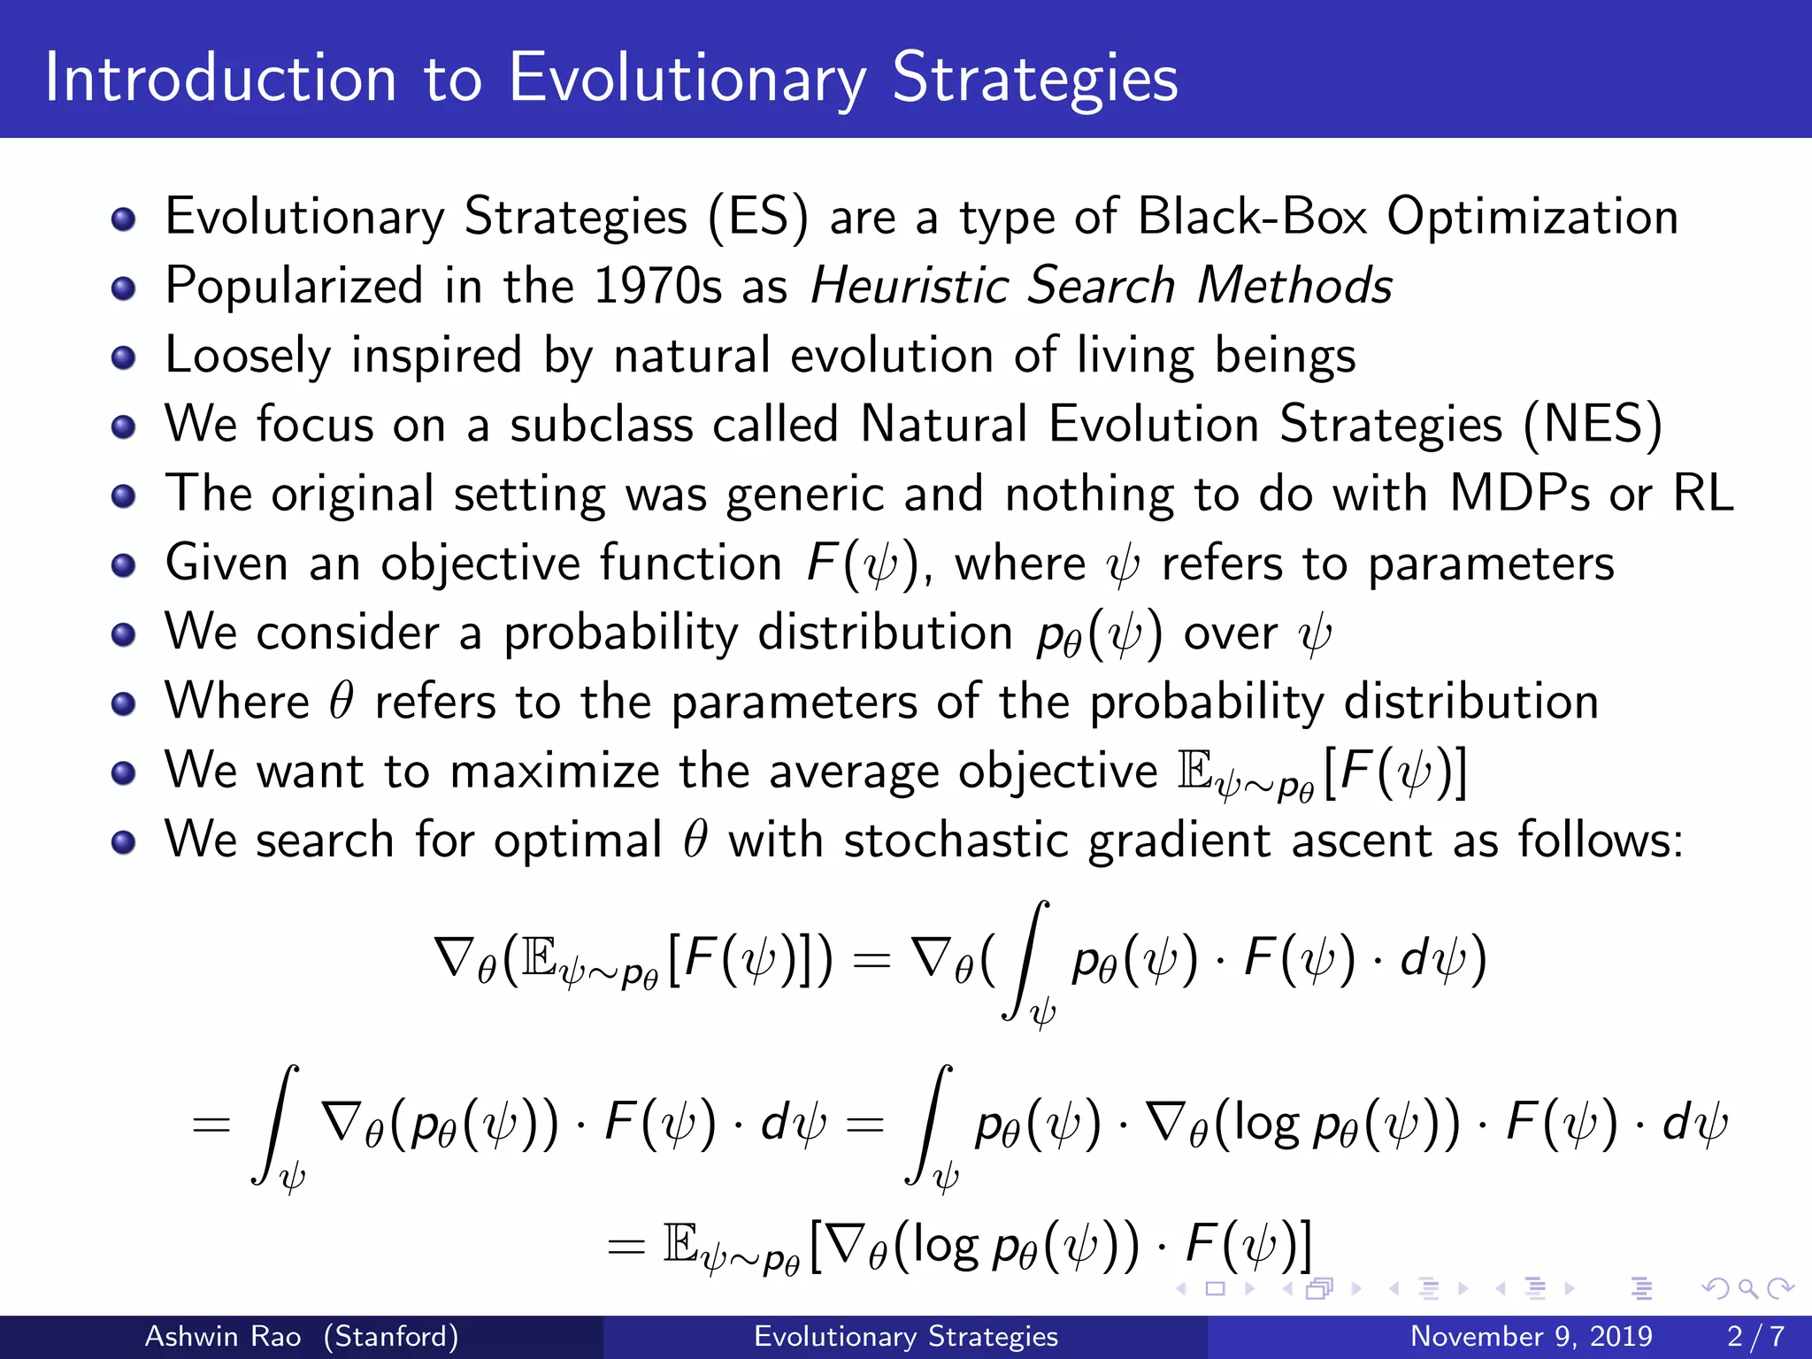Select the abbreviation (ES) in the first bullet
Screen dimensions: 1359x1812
pyautogui.click(x=757, y=217)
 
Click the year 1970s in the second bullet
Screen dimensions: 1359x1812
pyautogui.click(x=657, y=286)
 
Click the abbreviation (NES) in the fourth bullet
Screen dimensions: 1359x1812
pyautogui.click(x=1593, y=424)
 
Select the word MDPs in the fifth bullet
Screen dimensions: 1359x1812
pyautogui.click(x=1519, y=493)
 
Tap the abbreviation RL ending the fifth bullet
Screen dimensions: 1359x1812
pyautogui.click(x=1702, y=493)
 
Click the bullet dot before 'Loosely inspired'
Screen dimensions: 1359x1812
pyautogui.click(x=124, y=357)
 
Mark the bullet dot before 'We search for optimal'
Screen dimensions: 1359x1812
pyautogui.click(x=124, y=841)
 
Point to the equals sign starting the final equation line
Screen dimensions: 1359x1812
pyautogui.click(x=626, y=1248)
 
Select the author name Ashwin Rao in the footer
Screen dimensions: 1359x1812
pyautogui.click(x=223, y=1336)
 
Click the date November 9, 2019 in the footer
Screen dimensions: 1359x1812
pyautogui.click(x=1531, y=1336)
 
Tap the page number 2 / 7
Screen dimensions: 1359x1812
pyautogui.click(x=1755, y=1336)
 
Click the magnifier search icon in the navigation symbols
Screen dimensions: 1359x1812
pyautogui.click(x=1747, y=1289)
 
